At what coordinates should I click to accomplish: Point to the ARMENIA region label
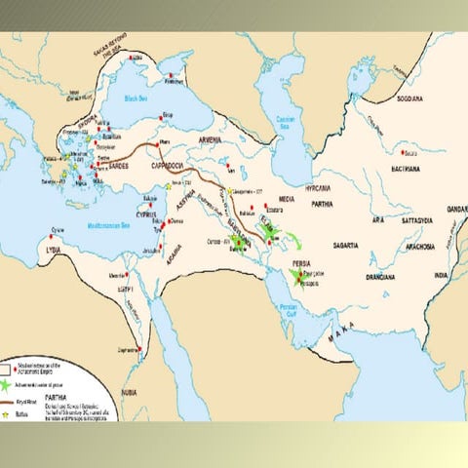212,141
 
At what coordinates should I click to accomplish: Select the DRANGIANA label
374,276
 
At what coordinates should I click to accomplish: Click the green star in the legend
10,385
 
